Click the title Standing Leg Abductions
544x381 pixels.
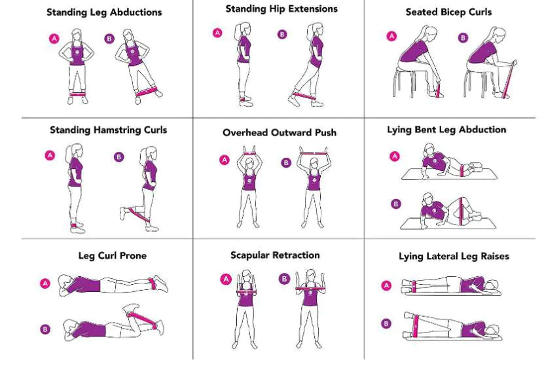pos(105,12)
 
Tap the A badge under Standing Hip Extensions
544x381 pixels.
pos(217,33)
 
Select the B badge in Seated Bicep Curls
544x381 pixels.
pos(463,38)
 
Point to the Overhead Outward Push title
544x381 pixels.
pos(279,132)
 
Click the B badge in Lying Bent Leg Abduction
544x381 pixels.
pos(395,204)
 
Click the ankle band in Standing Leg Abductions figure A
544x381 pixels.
pos(78,94)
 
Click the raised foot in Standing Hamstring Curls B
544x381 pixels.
pos(123,212)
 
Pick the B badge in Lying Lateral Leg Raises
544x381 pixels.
pos(386,323)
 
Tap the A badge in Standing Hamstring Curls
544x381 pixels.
pos(50,155)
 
